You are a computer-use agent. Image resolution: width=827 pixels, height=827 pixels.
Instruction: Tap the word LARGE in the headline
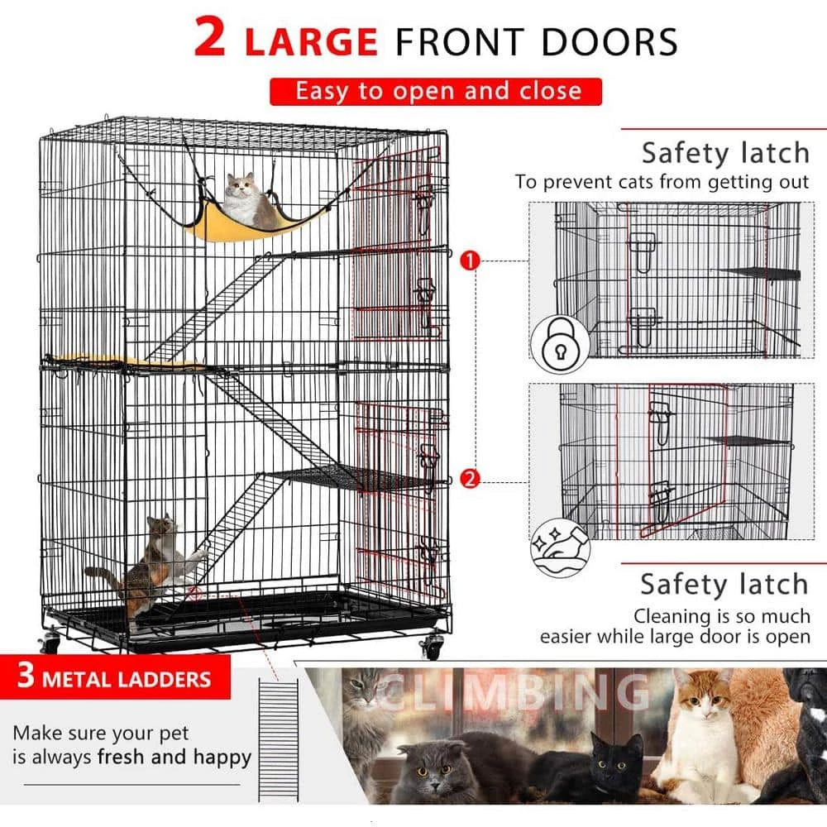[x=310, y=41]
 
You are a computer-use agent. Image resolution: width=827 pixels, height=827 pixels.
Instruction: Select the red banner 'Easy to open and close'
[x=436, y=91]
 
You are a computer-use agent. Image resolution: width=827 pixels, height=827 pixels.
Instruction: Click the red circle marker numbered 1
[x=470, y=261]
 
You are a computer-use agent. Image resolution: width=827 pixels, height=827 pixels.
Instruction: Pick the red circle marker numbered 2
[x=470, y=478]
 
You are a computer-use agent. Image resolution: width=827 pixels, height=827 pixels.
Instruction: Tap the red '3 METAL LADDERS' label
[x=114, y=680]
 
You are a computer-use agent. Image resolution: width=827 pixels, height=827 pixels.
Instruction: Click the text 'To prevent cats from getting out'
[x=662, y=182]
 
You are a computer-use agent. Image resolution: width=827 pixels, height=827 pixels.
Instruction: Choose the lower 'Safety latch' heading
[x=723, y=584]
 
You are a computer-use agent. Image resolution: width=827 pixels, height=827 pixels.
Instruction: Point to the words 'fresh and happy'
[x=174, y=757]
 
